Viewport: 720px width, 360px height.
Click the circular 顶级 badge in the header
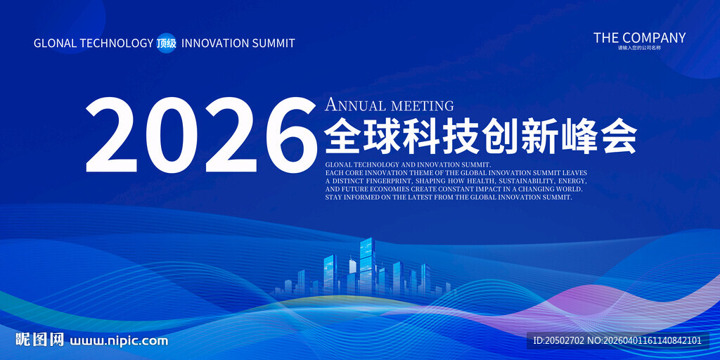[x=167, y=43]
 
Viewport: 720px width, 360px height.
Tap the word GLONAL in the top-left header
[x=55, y=43]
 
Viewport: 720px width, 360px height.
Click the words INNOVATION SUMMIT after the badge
[x=238, y=43]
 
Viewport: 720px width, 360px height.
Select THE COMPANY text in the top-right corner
[x=639, y=38]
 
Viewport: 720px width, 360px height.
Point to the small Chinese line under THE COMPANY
[x=639, y=49]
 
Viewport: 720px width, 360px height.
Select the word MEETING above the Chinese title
[x=422, y=106]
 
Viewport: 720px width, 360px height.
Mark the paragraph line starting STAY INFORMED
[x=449, y=198]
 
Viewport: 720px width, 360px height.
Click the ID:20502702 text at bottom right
[x=559, y=341]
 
